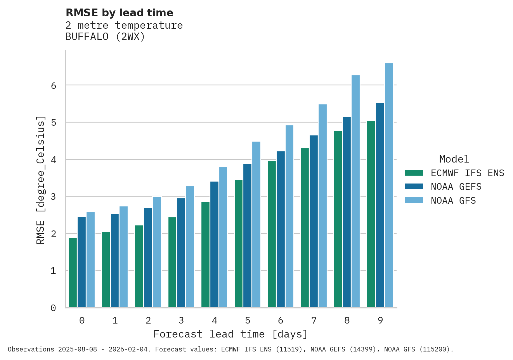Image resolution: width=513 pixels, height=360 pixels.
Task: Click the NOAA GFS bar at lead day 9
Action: point(389,185)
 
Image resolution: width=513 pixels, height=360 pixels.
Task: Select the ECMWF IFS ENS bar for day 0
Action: point(73,273)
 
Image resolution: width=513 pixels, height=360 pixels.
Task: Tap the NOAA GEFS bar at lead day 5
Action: point(248,236)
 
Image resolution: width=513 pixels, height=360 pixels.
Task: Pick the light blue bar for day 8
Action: point(355,192)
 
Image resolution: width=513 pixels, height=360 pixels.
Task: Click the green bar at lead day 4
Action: point(205,254)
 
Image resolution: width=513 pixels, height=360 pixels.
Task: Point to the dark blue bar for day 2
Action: point(148,258)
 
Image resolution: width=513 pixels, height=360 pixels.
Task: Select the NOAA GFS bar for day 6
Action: point(289,216)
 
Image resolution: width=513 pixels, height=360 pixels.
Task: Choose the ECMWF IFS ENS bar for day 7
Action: point(305,228)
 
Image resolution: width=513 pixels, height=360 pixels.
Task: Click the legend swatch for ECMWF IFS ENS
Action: point(413,173)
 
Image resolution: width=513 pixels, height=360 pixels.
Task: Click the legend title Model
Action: point(454,159)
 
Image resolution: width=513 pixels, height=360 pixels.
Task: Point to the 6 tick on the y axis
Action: point(54,85)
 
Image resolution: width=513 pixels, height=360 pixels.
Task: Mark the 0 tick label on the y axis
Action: point(54,308)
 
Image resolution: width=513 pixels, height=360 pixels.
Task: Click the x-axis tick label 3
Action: point(181,320)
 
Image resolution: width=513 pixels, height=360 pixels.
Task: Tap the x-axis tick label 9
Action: point(380,320)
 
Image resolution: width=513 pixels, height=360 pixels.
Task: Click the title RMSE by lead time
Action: point(119,13)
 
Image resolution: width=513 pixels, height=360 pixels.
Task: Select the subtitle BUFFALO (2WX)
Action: point(105,37)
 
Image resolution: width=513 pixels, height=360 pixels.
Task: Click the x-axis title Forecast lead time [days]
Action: point(231,334)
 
